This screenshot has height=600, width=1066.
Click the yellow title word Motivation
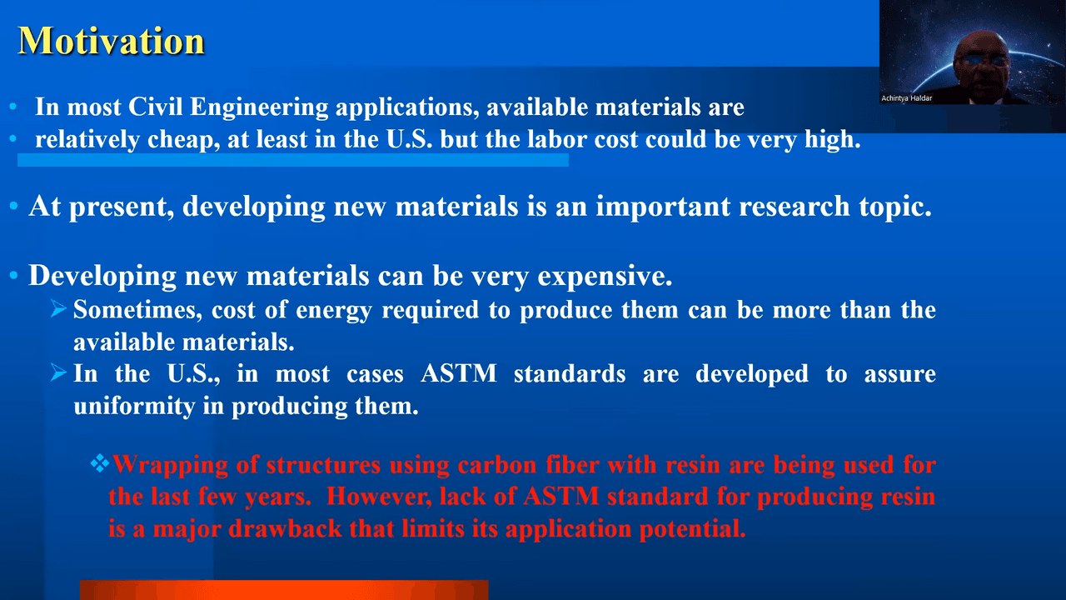point(112,41)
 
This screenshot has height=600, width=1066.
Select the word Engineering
point(259,107)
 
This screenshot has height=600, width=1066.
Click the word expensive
point(605,277)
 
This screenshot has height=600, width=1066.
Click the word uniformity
point(134,407)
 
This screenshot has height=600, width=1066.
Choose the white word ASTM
point(459,373)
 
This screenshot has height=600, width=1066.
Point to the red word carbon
point(497,465)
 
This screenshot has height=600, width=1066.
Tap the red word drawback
point(285,528)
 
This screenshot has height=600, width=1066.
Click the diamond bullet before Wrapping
point(100,463)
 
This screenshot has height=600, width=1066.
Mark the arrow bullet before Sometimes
point(58,308)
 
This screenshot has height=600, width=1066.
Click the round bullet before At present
point(13,206)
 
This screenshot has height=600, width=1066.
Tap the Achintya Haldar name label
point(907,98)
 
